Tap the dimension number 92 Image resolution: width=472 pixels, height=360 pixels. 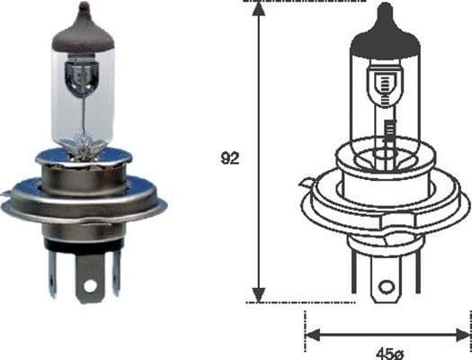click(230, 159)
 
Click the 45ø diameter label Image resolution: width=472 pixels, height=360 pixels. click(387, 351)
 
